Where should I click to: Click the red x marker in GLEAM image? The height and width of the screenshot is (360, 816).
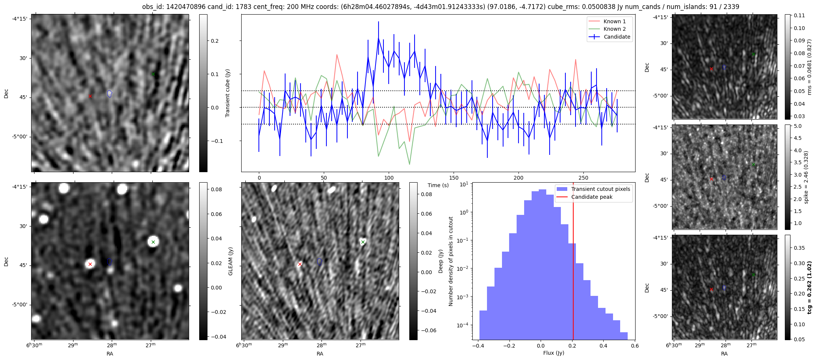click(x=90, y=264)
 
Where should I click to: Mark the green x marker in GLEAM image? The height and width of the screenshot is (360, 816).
click(x=153, y=242)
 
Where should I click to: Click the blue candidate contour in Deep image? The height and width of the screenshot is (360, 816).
click(x=320, y=262)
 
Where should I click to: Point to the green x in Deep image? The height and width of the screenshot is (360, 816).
click(x=363, y=242)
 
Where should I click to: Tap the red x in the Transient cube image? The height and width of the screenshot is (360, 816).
click(x=90, y=96)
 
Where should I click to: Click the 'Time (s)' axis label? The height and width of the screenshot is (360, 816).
click(x=438, y=185)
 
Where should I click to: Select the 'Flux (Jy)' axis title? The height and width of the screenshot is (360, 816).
click(x=553, y=353)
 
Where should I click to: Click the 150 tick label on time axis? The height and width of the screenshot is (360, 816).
click(x=454, y=178)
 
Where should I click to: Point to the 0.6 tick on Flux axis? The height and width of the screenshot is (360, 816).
click(x=634, y=345)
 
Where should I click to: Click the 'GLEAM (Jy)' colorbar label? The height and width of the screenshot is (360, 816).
click(x=230, y=261)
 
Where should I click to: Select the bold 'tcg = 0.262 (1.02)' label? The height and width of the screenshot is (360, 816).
click(x=809, y=288)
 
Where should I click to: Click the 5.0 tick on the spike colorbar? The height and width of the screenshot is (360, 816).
click(x=798, y=126)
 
